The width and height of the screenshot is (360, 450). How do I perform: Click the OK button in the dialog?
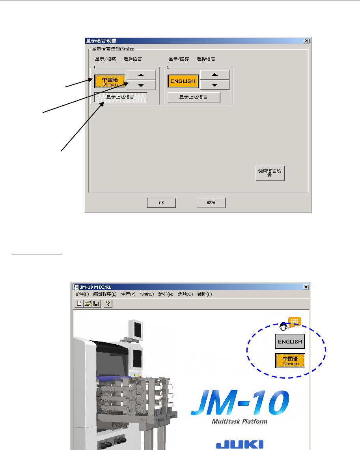point(161,203)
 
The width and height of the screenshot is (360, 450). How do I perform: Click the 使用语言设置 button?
point(270,173)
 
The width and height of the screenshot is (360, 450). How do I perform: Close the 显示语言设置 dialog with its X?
point(306,41)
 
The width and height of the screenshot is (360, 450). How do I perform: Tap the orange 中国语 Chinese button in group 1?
point(110,81)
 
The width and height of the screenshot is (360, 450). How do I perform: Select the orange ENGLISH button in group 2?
point(183,81)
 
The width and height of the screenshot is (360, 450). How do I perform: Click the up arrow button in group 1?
point(141,75)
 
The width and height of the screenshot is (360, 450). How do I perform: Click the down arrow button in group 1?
point(141,85)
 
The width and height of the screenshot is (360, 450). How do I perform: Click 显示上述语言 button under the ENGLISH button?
point(194,97)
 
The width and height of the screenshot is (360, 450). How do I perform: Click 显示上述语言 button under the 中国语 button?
point(120,97)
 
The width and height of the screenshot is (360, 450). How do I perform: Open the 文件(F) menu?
point(82,294)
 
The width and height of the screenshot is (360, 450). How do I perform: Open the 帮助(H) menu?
point(205,294)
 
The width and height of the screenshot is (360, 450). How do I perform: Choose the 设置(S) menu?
point(147,294)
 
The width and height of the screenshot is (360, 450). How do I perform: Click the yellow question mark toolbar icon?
point(107,303)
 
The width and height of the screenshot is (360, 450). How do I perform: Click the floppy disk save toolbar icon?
point(96,303)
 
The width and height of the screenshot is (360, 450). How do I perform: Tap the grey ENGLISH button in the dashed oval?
point(290,342)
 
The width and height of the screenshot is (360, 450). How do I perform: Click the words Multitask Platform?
point(239,421)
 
